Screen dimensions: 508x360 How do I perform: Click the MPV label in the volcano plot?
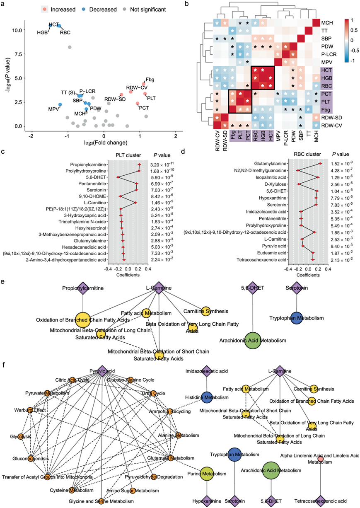(x=53, y=109)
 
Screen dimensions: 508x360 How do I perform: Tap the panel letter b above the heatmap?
(x=187, y=4)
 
